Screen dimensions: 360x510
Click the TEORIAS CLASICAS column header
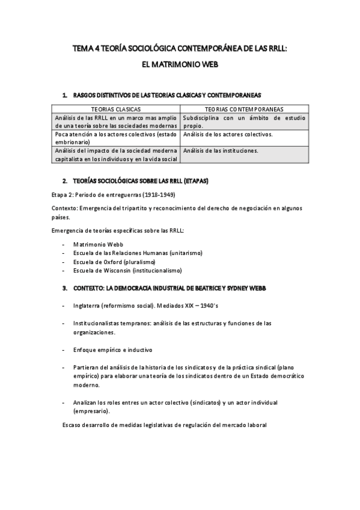coord(115,109)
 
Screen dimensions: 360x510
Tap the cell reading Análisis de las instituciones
coord(221,150)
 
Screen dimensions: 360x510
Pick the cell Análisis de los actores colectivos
coord(228,134)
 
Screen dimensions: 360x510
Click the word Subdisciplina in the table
coord(203,118)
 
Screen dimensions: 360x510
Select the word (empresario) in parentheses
coord(91,411)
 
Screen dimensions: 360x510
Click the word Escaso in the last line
coord(72,425)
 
